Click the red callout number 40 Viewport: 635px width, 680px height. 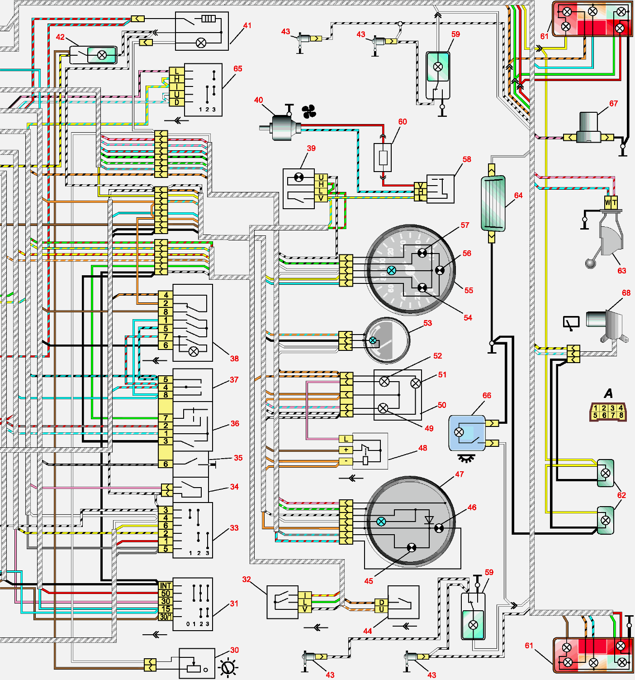tap(258, 100)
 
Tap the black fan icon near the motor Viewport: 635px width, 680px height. tap(309, 111)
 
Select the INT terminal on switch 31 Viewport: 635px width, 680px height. tap(166, 585)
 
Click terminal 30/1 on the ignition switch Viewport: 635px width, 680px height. tap(165, 617)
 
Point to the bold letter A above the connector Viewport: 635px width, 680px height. tap(609, 393)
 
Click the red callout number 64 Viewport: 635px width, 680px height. tap(518, 196)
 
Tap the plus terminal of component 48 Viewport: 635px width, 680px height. tap(346, 450)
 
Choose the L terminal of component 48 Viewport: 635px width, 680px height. tap(346, 439)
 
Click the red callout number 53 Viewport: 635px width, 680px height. tap(427, 323)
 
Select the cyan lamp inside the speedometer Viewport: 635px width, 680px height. tap(392, 270)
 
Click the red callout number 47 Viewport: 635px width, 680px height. tap(460, 474)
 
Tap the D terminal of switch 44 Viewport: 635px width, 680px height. tap(381, 602)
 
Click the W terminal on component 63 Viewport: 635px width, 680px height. tap(608, 202)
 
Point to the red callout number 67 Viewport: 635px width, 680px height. tap(613, 104)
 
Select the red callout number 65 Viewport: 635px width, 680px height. tap(238, 69)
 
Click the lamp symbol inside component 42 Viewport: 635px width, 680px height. tap(102, 55)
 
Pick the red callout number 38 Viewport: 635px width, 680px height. tap(234, 359)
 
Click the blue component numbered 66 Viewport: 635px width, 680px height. tap(467, 433)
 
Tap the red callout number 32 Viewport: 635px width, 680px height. tap(246, 579)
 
